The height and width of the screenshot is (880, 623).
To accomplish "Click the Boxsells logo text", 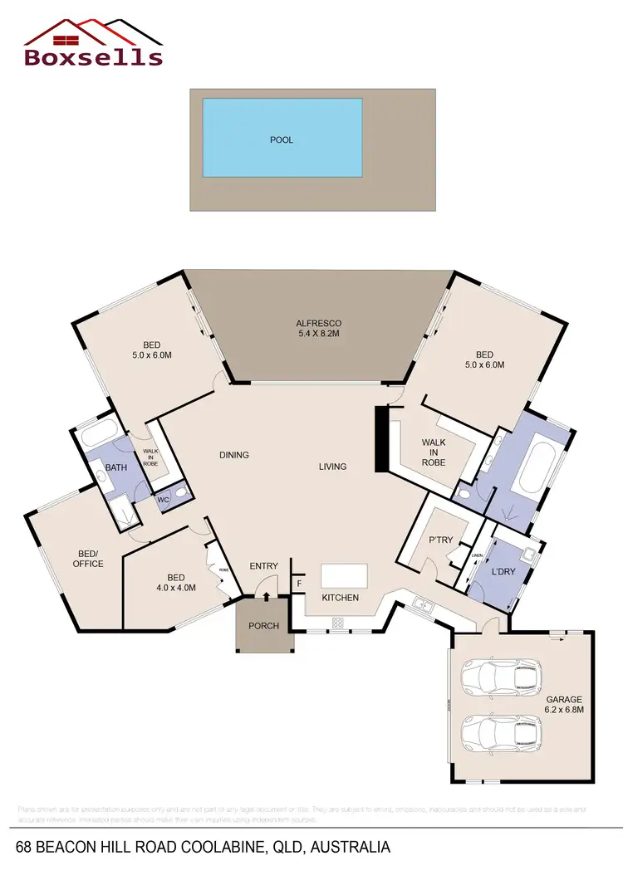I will [93, 56].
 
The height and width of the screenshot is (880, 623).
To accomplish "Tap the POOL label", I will [282, 140].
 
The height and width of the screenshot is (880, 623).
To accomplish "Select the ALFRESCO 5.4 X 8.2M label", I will [319, 328].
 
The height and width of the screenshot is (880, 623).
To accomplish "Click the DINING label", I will [234, 455].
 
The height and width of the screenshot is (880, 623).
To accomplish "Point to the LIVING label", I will [332, 467].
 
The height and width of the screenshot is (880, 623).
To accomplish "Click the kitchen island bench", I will [344, 575].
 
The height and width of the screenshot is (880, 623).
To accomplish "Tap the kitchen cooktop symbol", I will [339, 622].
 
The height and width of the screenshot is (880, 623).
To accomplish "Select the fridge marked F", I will [299, 584].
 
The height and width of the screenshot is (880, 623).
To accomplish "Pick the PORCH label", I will [264, 626].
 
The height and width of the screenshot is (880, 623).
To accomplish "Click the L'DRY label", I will [504, 573].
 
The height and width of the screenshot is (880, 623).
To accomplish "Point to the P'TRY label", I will [440, 540].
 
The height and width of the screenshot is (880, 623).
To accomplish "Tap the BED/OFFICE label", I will [88, 559].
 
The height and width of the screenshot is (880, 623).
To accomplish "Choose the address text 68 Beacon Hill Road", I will [203, 848].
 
